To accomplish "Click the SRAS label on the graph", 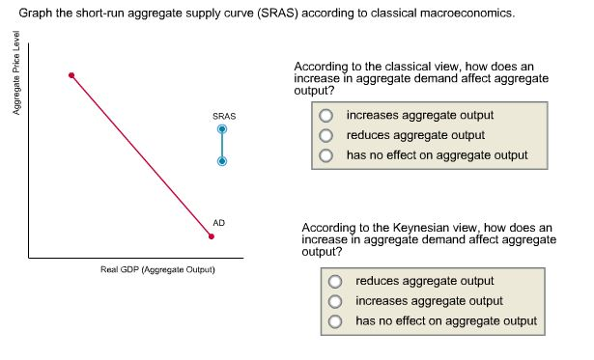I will pos(223,116).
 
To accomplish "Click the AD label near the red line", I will pos(219,223).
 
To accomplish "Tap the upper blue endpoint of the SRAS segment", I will pos(222,128).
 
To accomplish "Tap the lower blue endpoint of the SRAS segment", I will pos(222,162).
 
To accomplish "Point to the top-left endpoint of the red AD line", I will pos(71,75).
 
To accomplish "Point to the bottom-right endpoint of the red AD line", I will pos(212,236).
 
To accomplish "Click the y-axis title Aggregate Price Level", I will pos(14,82).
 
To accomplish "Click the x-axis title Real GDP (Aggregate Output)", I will pos(157,269).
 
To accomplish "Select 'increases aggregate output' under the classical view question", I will pos(326,116).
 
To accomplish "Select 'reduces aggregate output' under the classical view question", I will pos(326,135).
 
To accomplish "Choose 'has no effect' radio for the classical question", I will pos(326,154).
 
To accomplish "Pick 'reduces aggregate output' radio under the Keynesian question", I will pos(335,282).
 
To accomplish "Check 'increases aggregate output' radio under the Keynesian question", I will pos(335,302).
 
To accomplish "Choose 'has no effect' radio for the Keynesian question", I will pos(335,321).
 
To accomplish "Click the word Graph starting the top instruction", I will pos(34,14).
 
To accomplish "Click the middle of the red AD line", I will pos(141,156).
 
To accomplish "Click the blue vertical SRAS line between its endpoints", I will pos(222,146).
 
